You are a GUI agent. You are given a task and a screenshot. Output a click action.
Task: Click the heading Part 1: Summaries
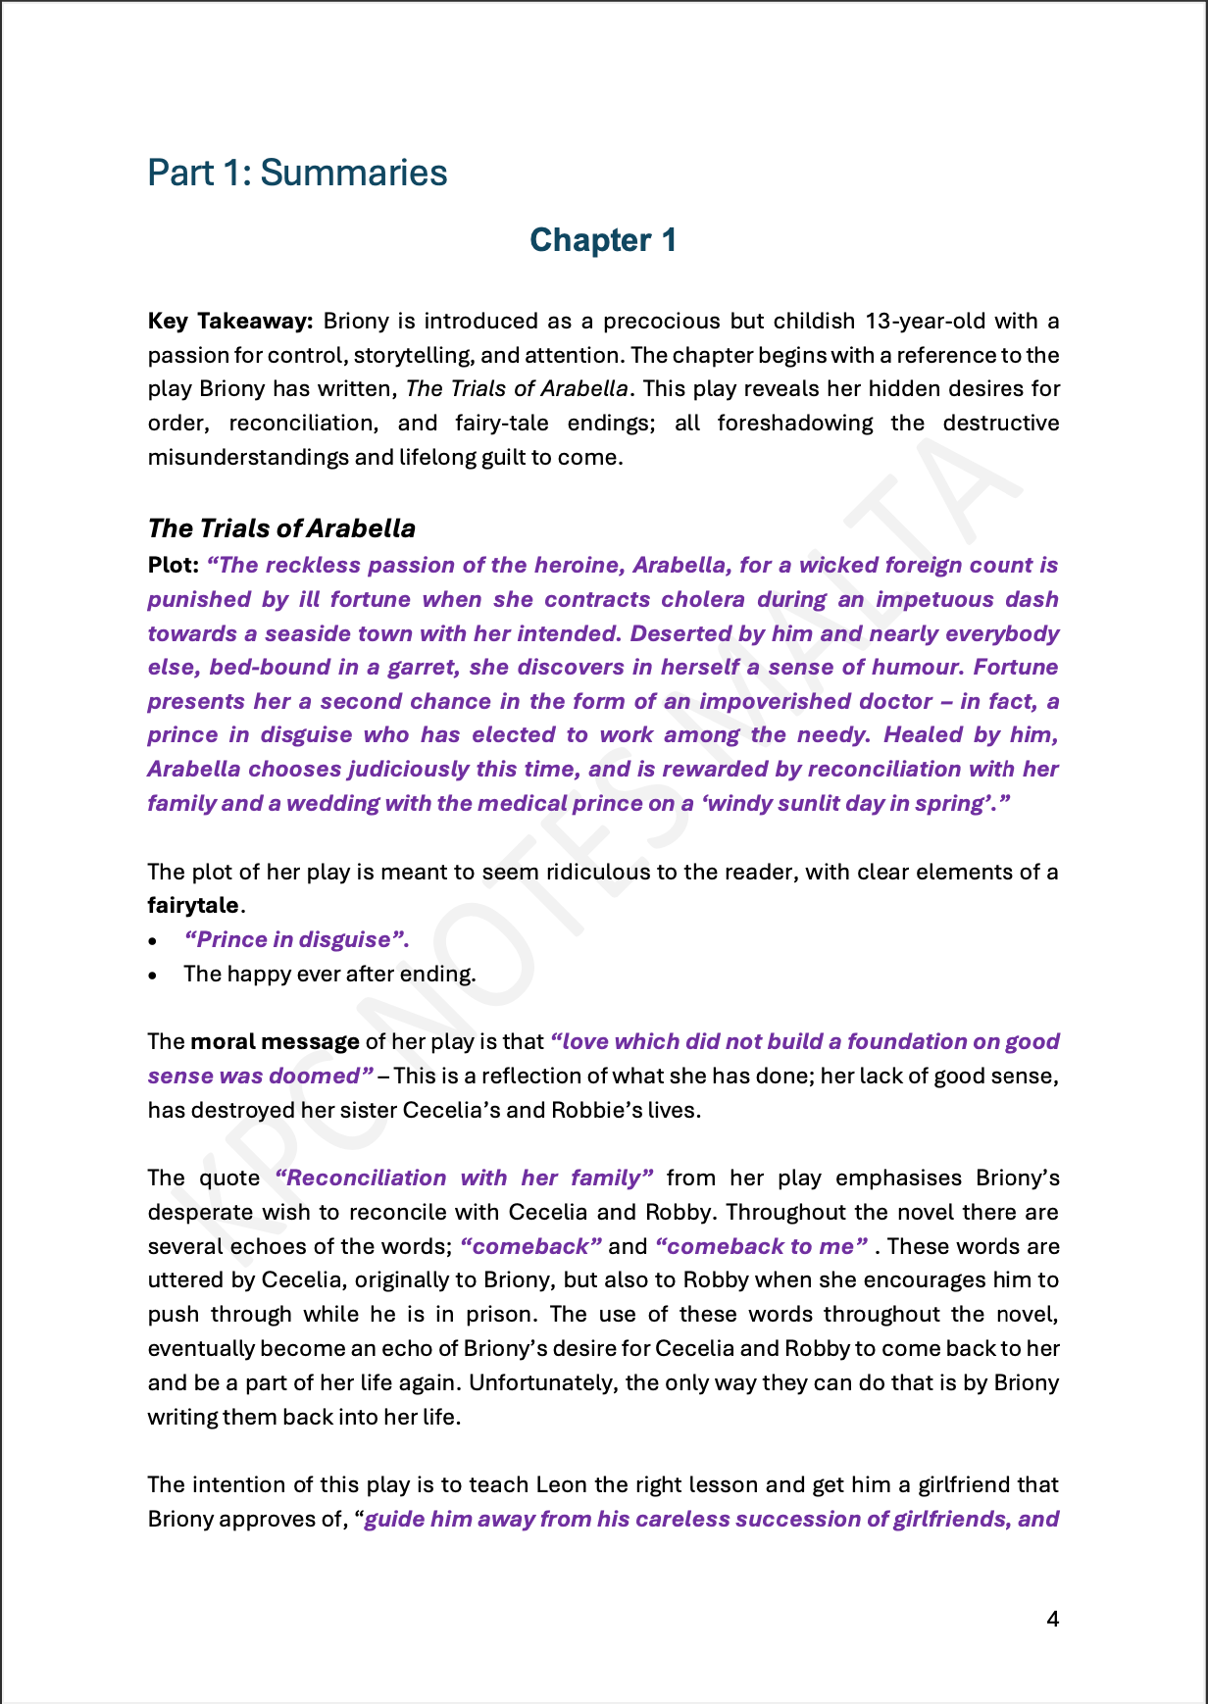297,173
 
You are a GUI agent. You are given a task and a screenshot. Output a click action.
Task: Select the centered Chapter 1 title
603,240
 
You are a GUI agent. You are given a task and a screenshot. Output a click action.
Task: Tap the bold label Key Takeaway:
230,322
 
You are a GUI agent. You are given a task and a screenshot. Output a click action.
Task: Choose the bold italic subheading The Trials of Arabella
281,528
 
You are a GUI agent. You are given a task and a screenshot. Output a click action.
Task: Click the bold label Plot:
174,566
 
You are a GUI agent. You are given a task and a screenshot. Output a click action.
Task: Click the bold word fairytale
193,906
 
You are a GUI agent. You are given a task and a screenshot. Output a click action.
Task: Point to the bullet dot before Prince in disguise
153,941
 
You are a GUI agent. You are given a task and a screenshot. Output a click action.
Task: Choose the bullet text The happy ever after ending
329,975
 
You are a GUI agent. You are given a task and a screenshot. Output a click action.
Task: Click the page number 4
1053,1620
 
